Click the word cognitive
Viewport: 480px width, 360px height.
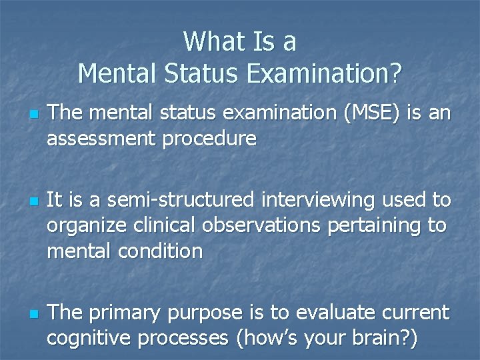click(92, 337)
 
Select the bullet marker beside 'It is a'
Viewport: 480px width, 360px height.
click(26, 201)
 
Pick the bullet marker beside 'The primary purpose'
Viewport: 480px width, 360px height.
click(26, 312)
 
